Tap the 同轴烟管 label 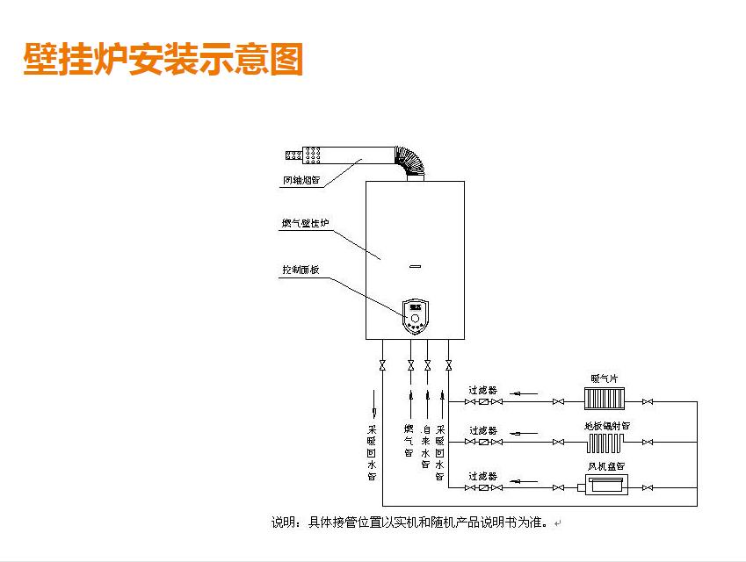301,182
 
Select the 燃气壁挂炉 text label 304,225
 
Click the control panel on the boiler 416,317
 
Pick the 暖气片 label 605,378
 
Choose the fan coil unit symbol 604,485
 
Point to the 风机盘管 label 606,466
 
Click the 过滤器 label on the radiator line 482,389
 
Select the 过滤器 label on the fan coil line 482,475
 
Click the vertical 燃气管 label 409,441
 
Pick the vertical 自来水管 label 425,446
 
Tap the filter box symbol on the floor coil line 482,443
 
